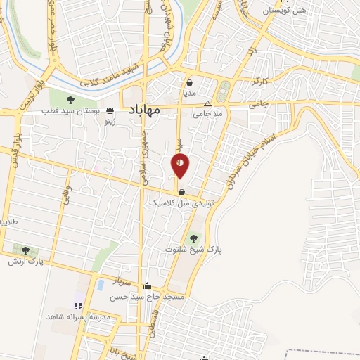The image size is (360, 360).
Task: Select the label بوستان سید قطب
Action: pyautogui.click(x=71, y=111)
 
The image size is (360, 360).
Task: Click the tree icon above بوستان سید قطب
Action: pyautogui.click(x=71, y=98)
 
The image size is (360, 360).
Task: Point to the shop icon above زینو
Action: pyautogui.click(x=110, y=110)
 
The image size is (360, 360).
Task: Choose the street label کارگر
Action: pyautogui.click(x=259, y=83)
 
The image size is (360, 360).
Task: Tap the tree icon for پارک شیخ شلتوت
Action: pyautogui.click(x=193, y=237)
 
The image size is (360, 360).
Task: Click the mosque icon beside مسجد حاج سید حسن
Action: pyautogui.click(x=147, y=286)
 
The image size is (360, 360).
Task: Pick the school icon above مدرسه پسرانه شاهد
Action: pyautogui.click(x=78, y=306)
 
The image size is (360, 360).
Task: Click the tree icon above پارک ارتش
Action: pyautogui.click(x=26, y=250)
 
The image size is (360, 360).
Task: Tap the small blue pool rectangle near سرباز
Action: pyautogui.click(x=101, y=285)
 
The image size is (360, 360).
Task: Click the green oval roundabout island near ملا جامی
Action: pyautogui.click(x=224, y=91)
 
